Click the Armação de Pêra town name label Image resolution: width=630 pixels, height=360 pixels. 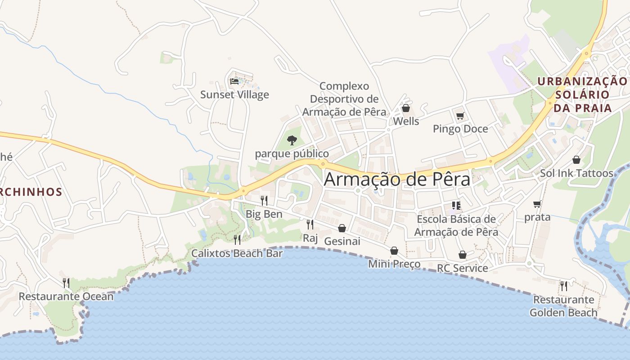397,179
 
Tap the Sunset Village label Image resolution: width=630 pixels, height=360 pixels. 234,94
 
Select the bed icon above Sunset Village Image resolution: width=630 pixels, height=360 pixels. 234,81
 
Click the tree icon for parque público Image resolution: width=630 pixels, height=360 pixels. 292,140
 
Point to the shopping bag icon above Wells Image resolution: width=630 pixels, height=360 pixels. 405,108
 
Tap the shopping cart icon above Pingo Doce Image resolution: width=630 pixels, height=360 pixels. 460,116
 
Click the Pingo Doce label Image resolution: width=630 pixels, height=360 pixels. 460,129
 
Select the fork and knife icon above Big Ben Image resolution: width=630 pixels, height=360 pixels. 264,200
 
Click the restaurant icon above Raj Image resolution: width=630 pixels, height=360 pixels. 310,224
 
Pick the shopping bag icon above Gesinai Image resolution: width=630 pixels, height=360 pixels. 342,228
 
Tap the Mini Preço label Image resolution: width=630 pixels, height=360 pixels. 394,264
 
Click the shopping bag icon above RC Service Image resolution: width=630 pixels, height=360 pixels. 462,255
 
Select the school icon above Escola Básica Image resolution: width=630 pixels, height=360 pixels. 456,206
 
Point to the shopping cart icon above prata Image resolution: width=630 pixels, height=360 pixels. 537,204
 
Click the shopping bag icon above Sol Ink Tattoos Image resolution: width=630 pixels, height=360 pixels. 576,160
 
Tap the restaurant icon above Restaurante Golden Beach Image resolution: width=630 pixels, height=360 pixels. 563,286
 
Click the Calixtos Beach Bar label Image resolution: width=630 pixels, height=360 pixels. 237,253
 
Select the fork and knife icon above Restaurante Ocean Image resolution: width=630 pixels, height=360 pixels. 66,283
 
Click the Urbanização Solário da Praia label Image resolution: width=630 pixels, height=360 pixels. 582,94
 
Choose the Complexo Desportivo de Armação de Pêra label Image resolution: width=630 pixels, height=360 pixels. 344,99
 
